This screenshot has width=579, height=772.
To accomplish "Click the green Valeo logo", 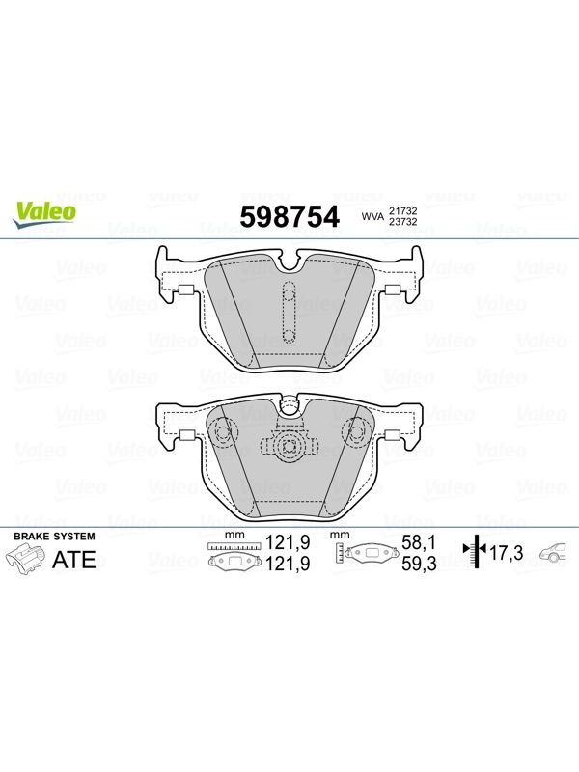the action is click(x=44, y=215).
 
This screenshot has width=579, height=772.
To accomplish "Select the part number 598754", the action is click(x=289, y=217).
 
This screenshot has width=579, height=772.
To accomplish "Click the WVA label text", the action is click(x=372, y=216).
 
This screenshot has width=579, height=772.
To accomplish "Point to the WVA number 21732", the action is click(x=403, y=210).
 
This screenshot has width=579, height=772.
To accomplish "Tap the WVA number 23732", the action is click(x=403, y=222).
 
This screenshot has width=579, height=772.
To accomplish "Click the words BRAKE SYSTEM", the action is click(x=54, y=537).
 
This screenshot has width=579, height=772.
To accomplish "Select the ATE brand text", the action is click(x=74, y=560).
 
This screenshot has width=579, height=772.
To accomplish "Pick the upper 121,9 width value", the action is click(x=288, y=542).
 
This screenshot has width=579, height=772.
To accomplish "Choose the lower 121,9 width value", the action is click(x=288, y=564).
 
